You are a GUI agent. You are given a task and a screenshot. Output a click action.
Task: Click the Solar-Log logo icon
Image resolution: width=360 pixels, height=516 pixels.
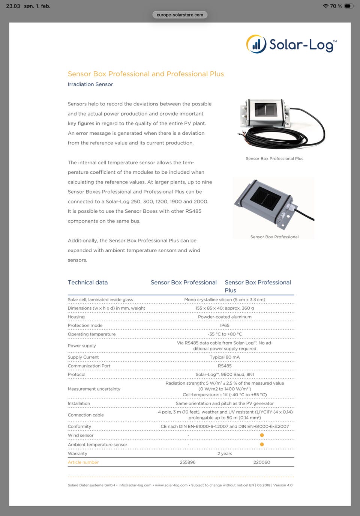click(x=256, y=44)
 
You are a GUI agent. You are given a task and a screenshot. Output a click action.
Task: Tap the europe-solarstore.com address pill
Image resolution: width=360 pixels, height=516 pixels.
click(x=180, y=15)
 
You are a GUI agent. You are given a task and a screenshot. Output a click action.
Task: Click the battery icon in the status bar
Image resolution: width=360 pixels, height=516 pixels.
click(x=349, y=6)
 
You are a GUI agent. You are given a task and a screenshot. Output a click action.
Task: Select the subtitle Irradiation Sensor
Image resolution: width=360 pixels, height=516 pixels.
click(x=90, y=84)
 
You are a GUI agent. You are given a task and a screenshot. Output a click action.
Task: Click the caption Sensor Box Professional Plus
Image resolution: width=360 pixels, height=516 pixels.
click(x=274, y=159)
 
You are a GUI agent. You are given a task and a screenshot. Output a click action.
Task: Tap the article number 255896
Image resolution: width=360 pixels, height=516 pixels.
click(x=187, y=462)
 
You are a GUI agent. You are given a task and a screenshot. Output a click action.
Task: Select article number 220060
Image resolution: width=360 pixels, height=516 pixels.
click(x=262, y=462)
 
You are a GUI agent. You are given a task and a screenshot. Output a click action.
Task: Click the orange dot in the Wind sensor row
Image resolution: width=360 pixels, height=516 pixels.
click(x=262, y=435)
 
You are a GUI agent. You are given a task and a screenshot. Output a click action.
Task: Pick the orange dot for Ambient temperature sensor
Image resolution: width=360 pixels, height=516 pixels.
click(x=262, y=444)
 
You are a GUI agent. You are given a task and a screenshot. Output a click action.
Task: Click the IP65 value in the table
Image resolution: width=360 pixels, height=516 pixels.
click(x=225, y=326)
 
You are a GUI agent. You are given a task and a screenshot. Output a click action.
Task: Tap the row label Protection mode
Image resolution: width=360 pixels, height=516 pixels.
click(x=85, y=326)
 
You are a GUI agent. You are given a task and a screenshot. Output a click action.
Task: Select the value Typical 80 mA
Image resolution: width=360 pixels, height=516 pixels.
click(x=225, y=357)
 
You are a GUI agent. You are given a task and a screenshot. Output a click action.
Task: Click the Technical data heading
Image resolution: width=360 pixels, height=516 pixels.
click(x=88, y=283)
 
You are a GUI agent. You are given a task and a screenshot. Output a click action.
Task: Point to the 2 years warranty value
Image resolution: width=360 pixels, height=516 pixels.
click(x=225, y=454)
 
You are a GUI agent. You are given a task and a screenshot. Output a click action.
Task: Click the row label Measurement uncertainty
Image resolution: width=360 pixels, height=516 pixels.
click(x=94, y=389)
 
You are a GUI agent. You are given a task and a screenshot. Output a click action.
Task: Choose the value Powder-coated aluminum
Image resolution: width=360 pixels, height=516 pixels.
click(x=225, y=317)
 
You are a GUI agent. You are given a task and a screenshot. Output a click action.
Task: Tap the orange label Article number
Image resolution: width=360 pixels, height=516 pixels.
click(x=83, y=462)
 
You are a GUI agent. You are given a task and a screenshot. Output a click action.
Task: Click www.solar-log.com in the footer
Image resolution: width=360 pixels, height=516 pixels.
click(x=171, y=485)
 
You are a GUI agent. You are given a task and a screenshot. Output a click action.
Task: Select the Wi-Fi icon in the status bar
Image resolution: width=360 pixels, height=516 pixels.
click(x=325, y=6)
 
